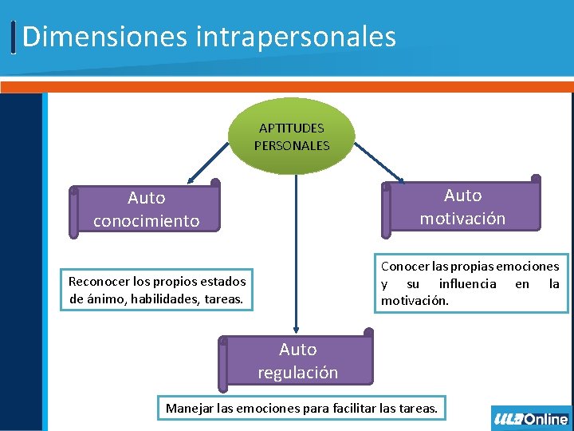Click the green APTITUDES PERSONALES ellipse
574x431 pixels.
tap(291, 136)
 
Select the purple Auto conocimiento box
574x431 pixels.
tap(147, 209)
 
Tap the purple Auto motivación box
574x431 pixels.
tap(462, 207)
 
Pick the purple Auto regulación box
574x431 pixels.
tap(297, 361)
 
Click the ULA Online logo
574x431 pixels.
tap(531, 418)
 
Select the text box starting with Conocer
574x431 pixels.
tap(470, 283)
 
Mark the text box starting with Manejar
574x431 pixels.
tap(301, 408)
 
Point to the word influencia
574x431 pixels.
tap(467, 283)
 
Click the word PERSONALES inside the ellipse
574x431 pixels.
tap(291, 146)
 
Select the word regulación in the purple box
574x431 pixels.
tap(297, 373)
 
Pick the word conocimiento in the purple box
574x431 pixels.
tap(147, 221)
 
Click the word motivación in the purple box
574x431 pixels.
tap(462, 219)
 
